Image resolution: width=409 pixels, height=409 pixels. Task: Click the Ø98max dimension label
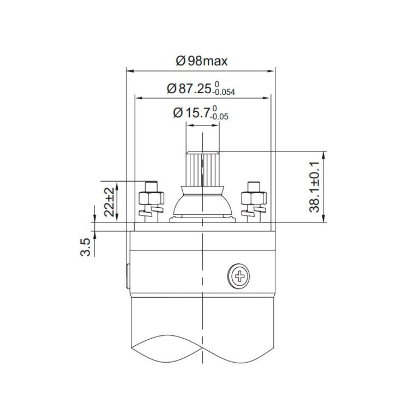tap(202, 61)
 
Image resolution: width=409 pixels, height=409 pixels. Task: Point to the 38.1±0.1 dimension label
tap(314, 187)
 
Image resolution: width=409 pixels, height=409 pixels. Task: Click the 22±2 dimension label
tap(110, 201)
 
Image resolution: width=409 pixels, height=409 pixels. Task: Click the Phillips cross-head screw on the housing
tap(239, 276)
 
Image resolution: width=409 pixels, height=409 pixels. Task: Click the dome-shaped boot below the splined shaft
tap(202, 202)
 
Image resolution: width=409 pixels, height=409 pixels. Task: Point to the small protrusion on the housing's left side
tap(128, 275)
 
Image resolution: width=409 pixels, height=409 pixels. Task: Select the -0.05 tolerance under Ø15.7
tap(220, 117)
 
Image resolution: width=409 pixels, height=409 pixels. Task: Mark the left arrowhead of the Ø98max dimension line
tap(129, 70)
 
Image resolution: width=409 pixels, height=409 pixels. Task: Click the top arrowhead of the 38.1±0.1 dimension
tap(325, 154)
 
